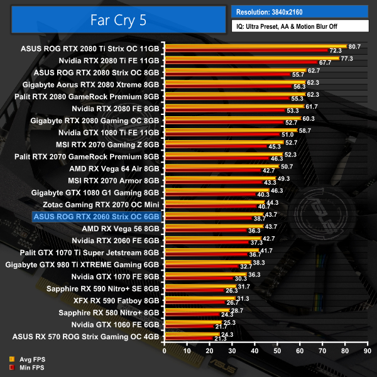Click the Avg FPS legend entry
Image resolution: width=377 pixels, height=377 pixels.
point(28,359)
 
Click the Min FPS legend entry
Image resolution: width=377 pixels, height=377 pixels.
point(28,367)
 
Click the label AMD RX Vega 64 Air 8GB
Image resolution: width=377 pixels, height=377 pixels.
point(114,168)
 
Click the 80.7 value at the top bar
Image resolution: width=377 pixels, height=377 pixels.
point(354,46)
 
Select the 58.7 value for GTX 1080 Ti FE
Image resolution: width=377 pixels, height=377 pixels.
point(305,130)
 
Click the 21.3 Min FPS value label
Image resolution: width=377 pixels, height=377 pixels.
point(220,339)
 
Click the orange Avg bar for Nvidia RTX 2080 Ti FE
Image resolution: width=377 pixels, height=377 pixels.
point(251,58)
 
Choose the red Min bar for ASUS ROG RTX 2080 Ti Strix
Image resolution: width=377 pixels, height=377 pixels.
point(246,50)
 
